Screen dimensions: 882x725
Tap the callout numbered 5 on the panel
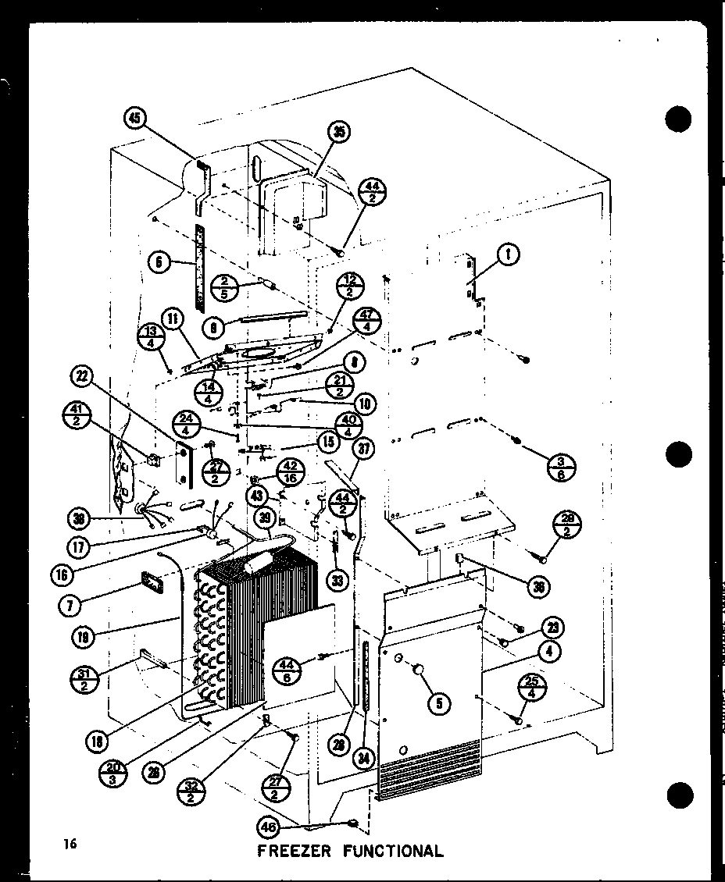point(440,703)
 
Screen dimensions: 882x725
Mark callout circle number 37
point(363,448)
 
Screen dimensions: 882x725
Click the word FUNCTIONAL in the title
point(393,851)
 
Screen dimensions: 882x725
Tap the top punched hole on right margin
point(680,119)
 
